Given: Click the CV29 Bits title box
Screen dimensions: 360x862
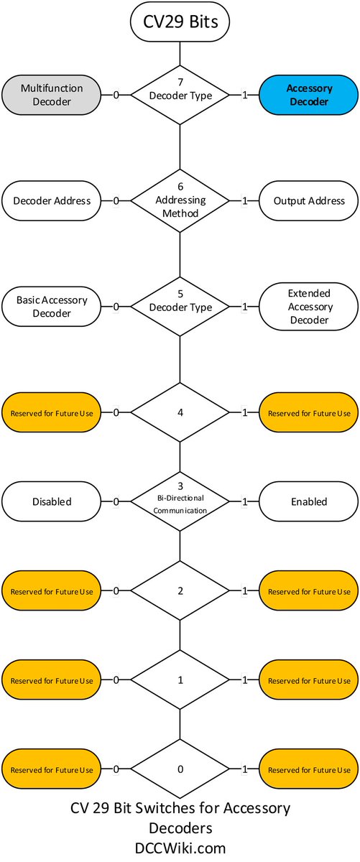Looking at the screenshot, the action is (x=180, y=22).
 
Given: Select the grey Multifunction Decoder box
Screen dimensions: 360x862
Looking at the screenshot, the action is (x=52, y=95).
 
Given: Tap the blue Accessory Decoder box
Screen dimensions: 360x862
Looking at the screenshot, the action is (x=309, y=95).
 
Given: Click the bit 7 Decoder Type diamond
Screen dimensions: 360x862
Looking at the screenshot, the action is (x=180, y=95).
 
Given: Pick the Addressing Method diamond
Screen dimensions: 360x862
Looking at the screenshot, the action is (x=180, y=200).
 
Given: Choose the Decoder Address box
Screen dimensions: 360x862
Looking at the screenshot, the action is (x=52, y=201).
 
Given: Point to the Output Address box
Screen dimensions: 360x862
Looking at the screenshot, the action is (x=309, y=201).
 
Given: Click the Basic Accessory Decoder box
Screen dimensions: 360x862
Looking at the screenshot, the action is (x=52, y=307).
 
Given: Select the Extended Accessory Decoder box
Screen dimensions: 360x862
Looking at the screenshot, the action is (x=309, y=307).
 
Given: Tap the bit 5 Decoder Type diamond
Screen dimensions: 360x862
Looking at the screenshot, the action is (x=180, y=307).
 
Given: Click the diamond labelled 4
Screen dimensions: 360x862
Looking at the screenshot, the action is (x=180, y=412).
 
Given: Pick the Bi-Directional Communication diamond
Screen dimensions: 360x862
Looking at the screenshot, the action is (x=180, y=502).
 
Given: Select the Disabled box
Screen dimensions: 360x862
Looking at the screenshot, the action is (x=52, y=502).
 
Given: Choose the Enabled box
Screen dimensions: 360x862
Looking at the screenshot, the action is (x=309, y=502).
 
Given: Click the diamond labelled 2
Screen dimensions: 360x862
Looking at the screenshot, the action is (x=180, y=590).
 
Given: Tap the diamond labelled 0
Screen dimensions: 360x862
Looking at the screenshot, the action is (x=180, y=769).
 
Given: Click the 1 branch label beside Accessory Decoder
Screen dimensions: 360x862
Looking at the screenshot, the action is (x=244, y=95).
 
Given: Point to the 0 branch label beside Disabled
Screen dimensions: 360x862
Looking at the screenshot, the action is (x=116, y=502).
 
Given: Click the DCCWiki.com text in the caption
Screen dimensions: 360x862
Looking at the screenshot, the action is (x=180, y=848).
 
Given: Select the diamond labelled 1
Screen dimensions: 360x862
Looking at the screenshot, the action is (x=180, y=680).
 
